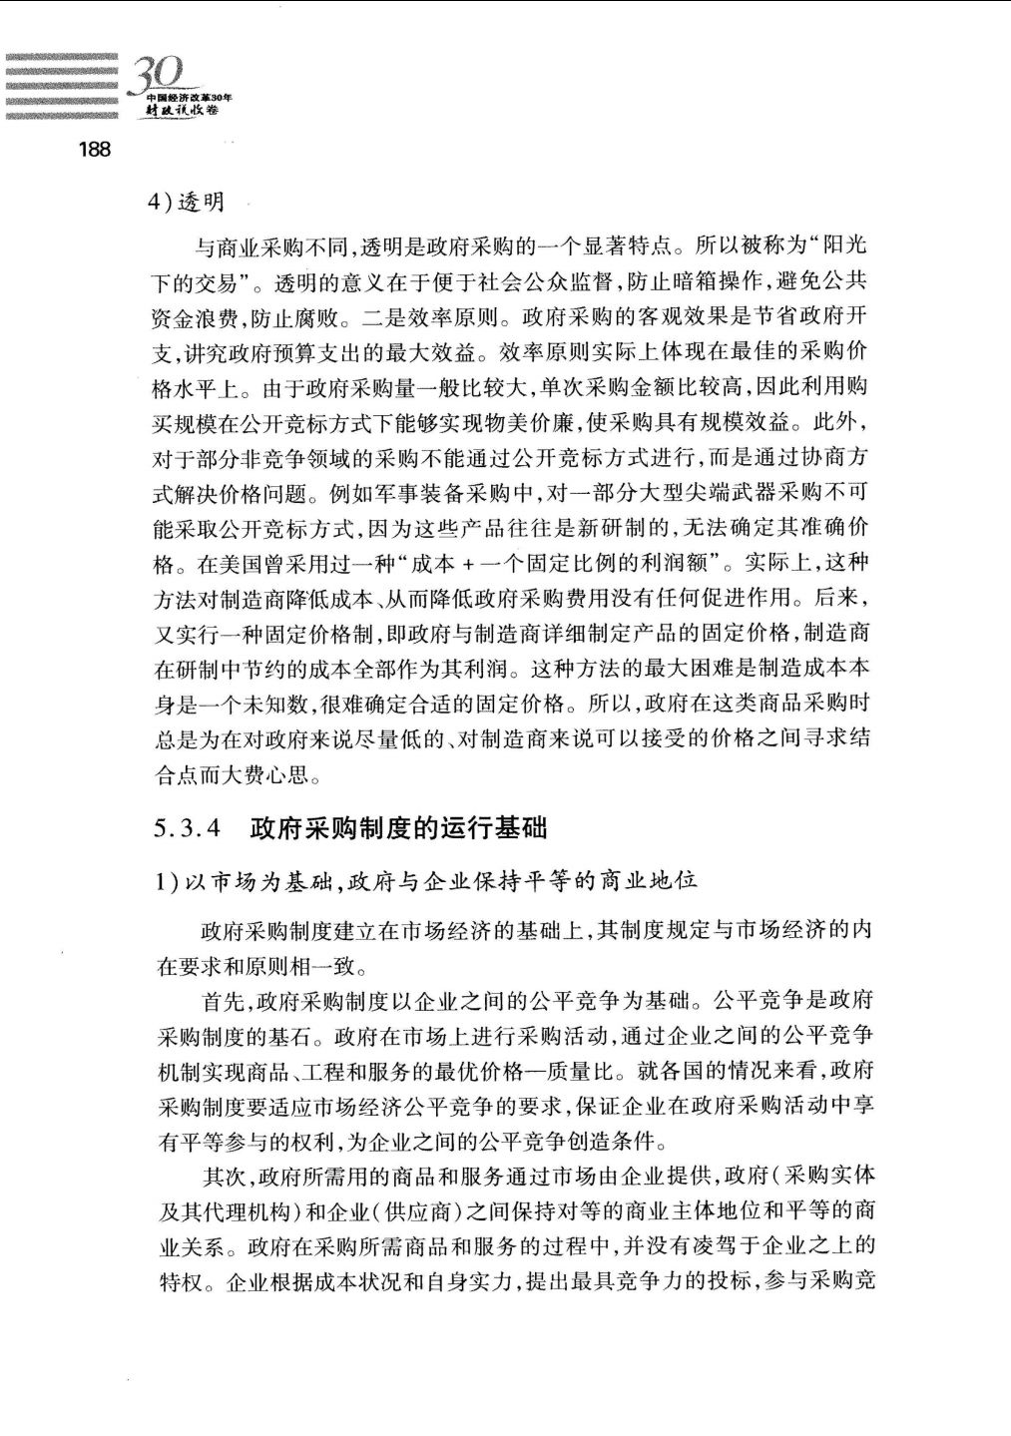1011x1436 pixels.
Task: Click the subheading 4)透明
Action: (x=187, y=203)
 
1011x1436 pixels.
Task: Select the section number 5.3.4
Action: (x=187, y=828)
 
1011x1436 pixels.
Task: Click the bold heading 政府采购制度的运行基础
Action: (x=398, y=828)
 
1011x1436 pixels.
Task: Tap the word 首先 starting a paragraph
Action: (x=225, y=1001)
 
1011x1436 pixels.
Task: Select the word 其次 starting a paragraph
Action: (x=225, y=1177)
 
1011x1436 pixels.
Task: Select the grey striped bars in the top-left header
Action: (x=62, y=86)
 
